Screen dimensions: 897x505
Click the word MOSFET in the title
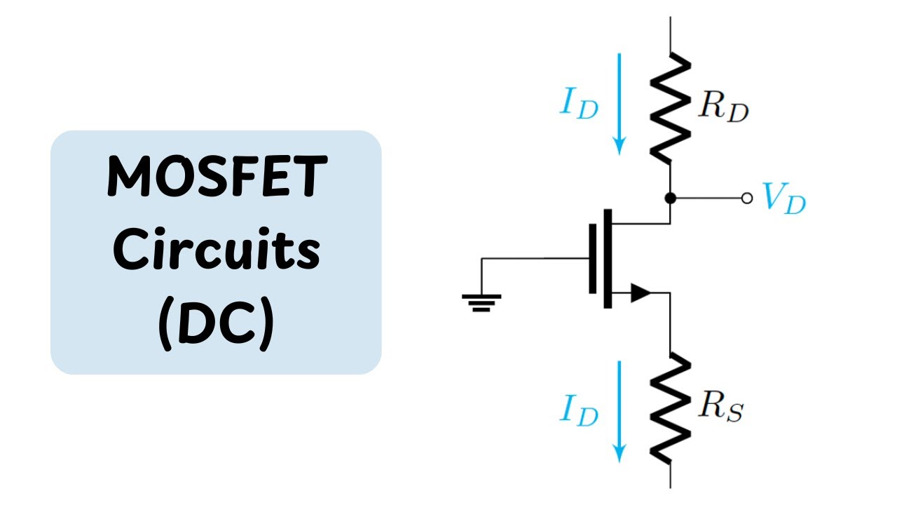click(x=217, y=176)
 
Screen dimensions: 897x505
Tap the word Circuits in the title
click(x=217, y=248)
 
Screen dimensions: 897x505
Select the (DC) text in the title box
click(x=217, y=324)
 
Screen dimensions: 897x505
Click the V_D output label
click(x=783, y=198)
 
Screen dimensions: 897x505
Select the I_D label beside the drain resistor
click(x=579, y=103)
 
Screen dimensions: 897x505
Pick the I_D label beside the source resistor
click(x=579, y=410)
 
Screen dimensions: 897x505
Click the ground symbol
click(x=481, y=303)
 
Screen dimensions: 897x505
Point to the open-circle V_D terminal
click(x=747, y=198)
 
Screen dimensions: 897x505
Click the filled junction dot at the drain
click(x=671, y=198)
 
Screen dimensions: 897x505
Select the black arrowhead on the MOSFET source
click(x=641, y=292)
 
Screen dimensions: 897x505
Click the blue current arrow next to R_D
click(x=619, y=104)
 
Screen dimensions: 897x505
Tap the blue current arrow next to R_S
click(x=619, y=412)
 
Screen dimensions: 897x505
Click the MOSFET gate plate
click(x=593, y=259)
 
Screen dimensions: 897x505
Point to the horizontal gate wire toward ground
click(x=535, y=259)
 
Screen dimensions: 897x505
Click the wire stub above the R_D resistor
click(x=671, y=35)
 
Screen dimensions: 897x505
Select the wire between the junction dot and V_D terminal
click(x=708, y=198)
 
